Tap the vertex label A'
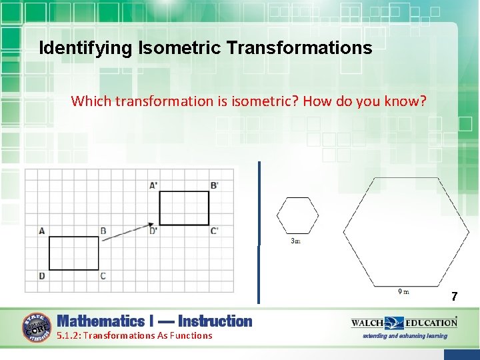click(154, 185)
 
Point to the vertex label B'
click(214, 185)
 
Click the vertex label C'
click(214, 231)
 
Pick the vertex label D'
click(154, 231)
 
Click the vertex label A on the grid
click(42, 231)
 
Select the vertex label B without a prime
click(103, 231)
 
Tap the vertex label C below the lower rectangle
click(103, 275)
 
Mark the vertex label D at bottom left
click(42, 275)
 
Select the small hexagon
click(298, 215)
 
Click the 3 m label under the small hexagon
click(296, 241)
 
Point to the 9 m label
click(403, 291)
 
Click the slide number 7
click(454, 296)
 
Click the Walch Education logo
click(405, 323)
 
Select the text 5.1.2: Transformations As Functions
click(135, 335)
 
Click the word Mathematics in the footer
click(100, 321)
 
